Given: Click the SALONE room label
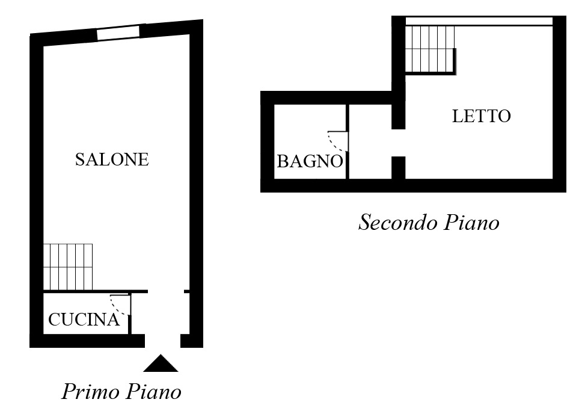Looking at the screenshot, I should [111, 159].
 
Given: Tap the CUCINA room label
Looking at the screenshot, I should [84, 320].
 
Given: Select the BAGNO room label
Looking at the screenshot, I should [310, 161].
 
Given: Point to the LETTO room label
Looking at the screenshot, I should [481, 116].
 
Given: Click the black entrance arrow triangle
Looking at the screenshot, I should [161, 363].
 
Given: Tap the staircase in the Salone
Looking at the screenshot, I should [68, 266].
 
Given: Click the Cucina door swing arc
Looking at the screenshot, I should [118, 306].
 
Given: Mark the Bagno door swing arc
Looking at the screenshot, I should [336, 142].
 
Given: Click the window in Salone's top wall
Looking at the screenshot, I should [118, 32].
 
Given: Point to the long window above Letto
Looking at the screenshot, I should [479, 22].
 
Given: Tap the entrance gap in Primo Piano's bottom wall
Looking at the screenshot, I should [162, 341].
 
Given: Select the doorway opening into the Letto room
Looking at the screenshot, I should [399, 143].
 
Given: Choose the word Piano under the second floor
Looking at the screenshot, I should [471, 223].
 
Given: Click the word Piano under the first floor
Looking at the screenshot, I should [154, 392].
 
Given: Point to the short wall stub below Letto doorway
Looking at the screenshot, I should [399, 167].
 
